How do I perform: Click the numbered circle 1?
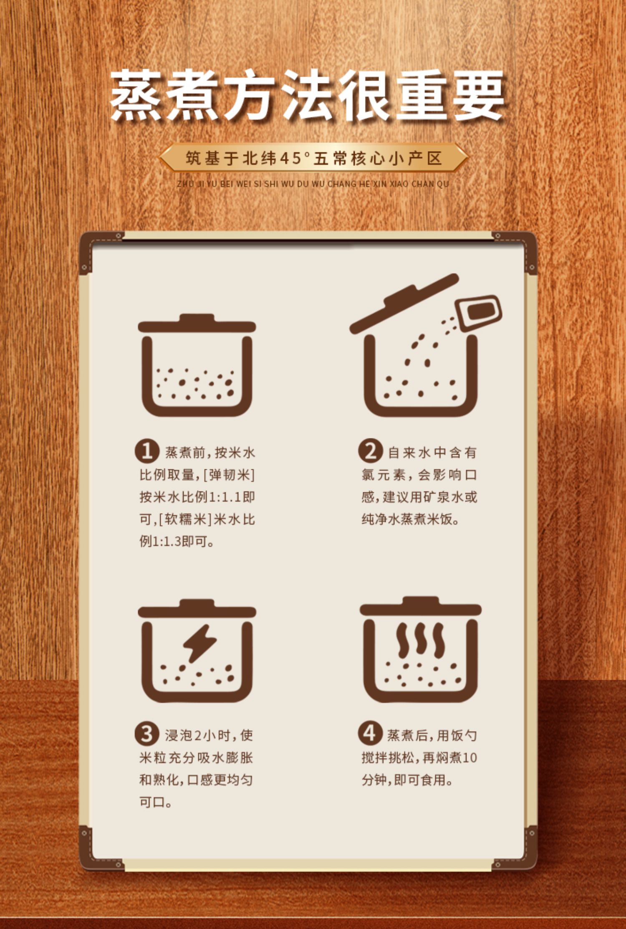click(146, 451)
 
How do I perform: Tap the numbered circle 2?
click(370, 451)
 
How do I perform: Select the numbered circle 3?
click(146, 734)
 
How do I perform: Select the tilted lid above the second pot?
click(404, 304)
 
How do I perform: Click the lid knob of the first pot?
click(197, 318)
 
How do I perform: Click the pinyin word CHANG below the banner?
click(339, 184)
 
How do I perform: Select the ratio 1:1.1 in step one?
click(225, 497)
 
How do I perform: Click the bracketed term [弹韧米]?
click(229, 475)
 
